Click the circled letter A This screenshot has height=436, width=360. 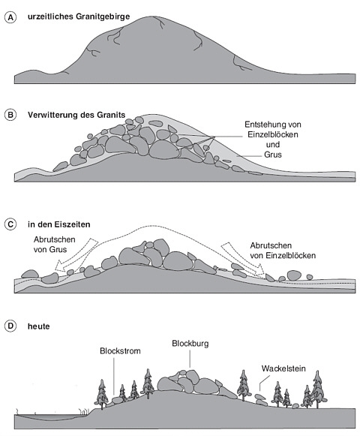point(10,17)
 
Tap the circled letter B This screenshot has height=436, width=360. point(10,115)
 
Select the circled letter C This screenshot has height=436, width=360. point(10,224)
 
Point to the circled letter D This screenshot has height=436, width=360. point(10,326)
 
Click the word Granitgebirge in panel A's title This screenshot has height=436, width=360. point(103,17)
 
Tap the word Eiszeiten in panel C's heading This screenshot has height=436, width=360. point(73,224)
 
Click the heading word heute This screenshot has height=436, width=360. point(39,326)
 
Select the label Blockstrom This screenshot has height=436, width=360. point(120,351)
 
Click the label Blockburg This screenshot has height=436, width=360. point(190,344)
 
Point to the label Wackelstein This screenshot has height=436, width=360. point(283,368)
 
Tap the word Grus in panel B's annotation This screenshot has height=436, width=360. point(273,155)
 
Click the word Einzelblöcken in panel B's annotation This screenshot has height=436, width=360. point(273,134)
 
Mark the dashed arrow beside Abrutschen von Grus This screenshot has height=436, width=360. point(76,254)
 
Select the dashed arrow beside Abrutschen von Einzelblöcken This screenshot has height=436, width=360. point(244,260)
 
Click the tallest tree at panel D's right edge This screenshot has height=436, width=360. point(318,389)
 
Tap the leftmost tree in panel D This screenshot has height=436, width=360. point(102,394)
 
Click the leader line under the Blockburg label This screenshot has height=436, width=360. point(190,359)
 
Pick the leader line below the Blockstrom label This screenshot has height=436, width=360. point(114,376)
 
